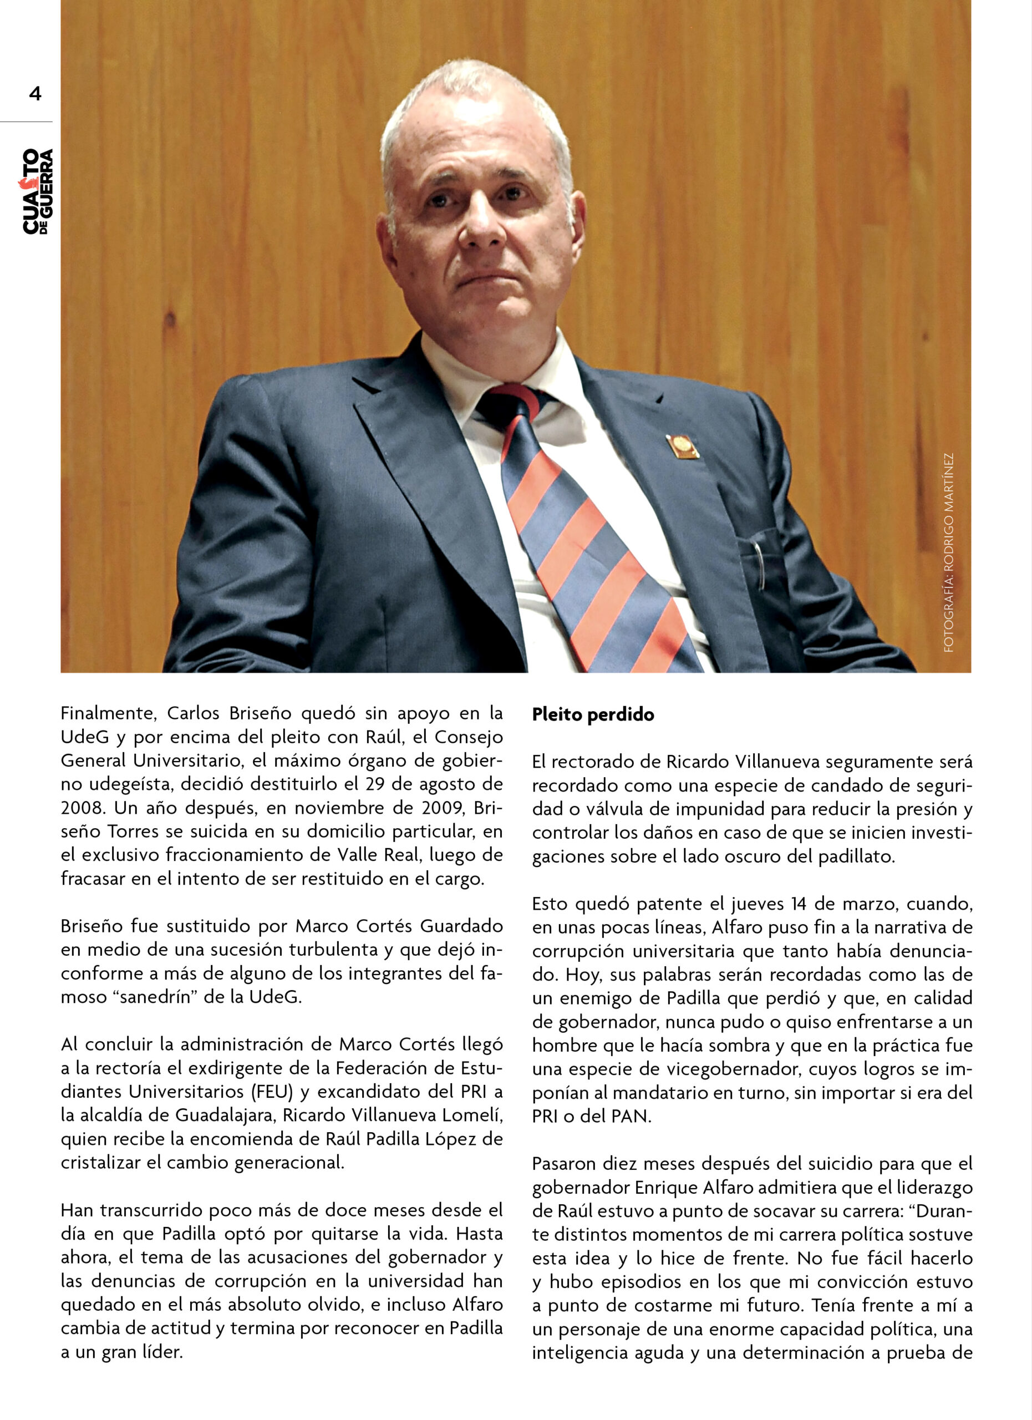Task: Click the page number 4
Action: pos(35,94)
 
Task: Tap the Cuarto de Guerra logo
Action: pos(38,191)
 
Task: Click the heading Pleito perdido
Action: pos(593,714)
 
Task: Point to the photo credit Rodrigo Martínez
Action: pos(949,553)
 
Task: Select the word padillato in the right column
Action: pos(856,856)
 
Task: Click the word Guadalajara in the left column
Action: pos(225,1115)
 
